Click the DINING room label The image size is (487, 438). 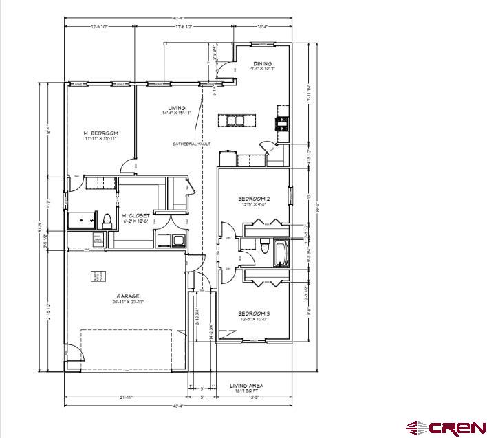(x=262, y=64)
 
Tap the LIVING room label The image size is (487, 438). (x=177, y=108)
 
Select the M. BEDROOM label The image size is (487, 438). (x=101, y=133)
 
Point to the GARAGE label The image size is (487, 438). (x=128, y=296)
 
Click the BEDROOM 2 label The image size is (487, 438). (x=254, y=199)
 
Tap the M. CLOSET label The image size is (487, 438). (x=136, y=215)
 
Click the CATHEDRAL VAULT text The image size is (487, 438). (x=192, y=144)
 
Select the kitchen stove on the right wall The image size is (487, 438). (x=281, y=124)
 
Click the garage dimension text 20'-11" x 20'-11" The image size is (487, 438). (x=128, y=302)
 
